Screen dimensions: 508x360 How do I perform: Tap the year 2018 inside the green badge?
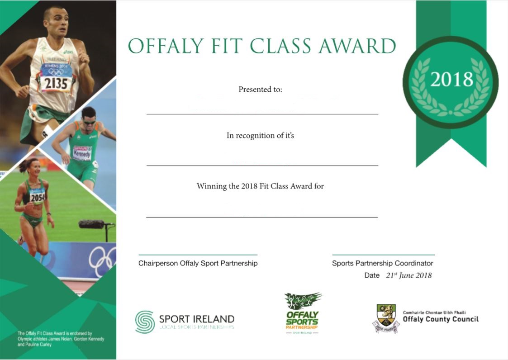point(451,80)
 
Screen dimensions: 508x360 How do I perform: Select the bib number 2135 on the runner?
point(56,83)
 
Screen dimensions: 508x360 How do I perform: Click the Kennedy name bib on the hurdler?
point(82,153)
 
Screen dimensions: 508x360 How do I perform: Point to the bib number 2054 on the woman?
point(38,197)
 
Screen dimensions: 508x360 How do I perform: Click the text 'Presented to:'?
point(260,90)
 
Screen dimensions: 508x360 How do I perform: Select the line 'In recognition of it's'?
point(260,135)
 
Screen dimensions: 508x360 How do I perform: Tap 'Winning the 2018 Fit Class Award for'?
point(260,186)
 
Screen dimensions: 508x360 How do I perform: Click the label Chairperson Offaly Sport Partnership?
point(198,263)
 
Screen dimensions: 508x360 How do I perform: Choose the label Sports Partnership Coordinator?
point(383,263)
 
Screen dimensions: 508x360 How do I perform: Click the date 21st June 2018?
point(409,275)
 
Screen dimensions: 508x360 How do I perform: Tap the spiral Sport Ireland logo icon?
point(144,322)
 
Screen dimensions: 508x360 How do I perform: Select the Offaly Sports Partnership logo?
point(303,313)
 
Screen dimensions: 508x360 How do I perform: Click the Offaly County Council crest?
point(386,318)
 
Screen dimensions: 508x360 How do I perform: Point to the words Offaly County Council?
point(441,319)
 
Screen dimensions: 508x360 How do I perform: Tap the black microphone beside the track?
point(92,224)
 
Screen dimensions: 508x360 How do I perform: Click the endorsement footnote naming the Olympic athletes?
point(61,339)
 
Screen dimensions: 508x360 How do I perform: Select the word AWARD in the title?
point(357,46)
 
